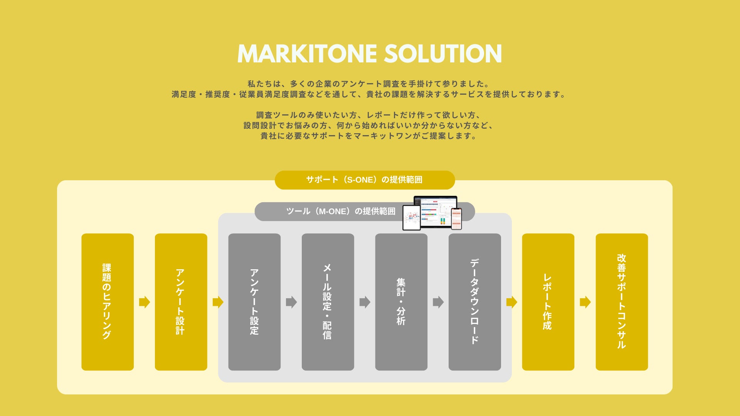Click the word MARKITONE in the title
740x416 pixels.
click(x=307, y=54)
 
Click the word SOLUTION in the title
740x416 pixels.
click(x=443, y=54)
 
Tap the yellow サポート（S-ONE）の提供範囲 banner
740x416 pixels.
click(x=364, y=180)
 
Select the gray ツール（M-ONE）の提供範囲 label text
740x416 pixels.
click(x=341, y=211)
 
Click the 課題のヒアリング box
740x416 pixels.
click(x=108, y=302)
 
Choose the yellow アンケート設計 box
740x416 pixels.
click(x=181, y=302)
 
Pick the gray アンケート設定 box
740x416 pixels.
click(x=254, y=302)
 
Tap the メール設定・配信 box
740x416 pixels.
click(x=328, y=302)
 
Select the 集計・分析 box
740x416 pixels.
click(x=401, y=302)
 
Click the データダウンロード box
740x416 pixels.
click(x=474, y=302)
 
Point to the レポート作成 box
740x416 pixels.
click(x=548, y=302)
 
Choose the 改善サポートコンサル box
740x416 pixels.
click(x=622, y=302)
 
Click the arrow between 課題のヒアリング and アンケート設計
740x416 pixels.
click(x=145, y=302)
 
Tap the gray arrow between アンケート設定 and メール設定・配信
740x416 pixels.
click(x=291, y=302)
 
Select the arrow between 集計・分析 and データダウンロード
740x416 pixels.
click(x=438, y=302)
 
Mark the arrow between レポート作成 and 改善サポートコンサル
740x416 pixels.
click(x=585, y=302)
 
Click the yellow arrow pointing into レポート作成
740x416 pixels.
click(x=511, y=302)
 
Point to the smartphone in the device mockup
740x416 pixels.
click(x=456, y=219)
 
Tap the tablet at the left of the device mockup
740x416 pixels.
click(x=411, y=218)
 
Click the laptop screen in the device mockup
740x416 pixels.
click(x=436, y=211)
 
